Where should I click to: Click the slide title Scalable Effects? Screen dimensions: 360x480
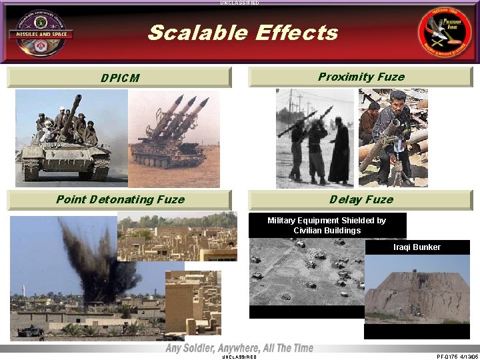point(243,32)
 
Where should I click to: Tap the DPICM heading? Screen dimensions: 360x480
point(120,78)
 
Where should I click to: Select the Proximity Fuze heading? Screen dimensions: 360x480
point(361,77)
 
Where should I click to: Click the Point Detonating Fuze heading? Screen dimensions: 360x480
point(120,199)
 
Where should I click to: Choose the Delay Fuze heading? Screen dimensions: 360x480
point(361,199)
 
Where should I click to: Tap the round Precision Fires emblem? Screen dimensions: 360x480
point(444,33)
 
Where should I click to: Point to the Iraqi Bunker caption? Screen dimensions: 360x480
point(417,247)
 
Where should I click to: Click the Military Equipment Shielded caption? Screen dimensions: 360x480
point(327,225)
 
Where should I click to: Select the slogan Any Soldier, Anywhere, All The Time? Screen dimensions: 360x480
point(239,348)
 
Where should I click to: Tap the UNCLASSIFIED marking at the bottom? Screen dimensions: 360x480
point(238,357)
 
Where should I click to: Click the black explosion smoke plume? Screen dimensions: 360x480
point(100,263)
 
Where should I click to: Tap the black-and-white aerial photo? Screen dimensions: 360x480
point(307,277)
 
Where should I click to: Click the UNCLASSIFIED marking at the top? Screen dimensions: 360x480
point(239,3)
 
